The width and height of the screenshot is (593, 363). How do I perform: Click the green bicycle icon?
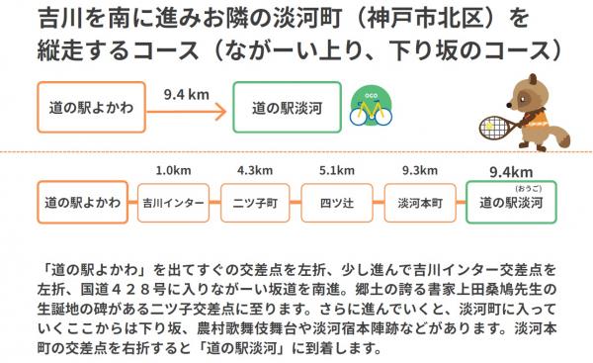pyautogui.click(x=372, y=108)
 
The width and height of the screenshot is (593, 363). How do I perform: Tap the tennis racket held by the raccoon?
pyautogui.click(x=491, y=126)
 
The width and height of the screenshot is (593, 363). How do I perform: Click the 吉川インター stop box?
pyautogui.click(x=173, y=203)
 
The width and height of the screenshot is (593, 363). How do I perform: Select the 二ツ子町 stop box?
pyautogui.click(x=255, y=203)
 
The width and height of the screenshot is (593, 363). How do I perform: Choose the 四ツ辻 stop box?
pyautogui.click(x=337, y=203)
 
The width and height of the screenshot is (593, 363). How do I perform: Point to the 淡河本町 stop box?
pyautogui.click(x=419, y=203)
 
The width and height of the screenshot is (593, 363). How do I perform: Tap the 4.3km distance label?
pyautogui.click(x=255, y=169)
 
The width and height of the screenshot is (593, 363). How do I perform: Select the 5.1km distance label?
pyautogui.click(x=337, y=169)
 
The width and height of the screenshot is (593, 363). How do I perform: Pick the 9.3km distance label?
pyautogui.click(x=419, y=169)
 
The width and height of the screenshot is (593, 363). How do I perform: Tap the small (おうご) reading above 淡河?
pyautogui.click(x=524, y=188)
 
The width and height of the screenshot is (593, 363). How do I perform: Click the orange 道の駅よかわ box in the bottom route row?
pyautogui.click(x=83, y=203)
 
